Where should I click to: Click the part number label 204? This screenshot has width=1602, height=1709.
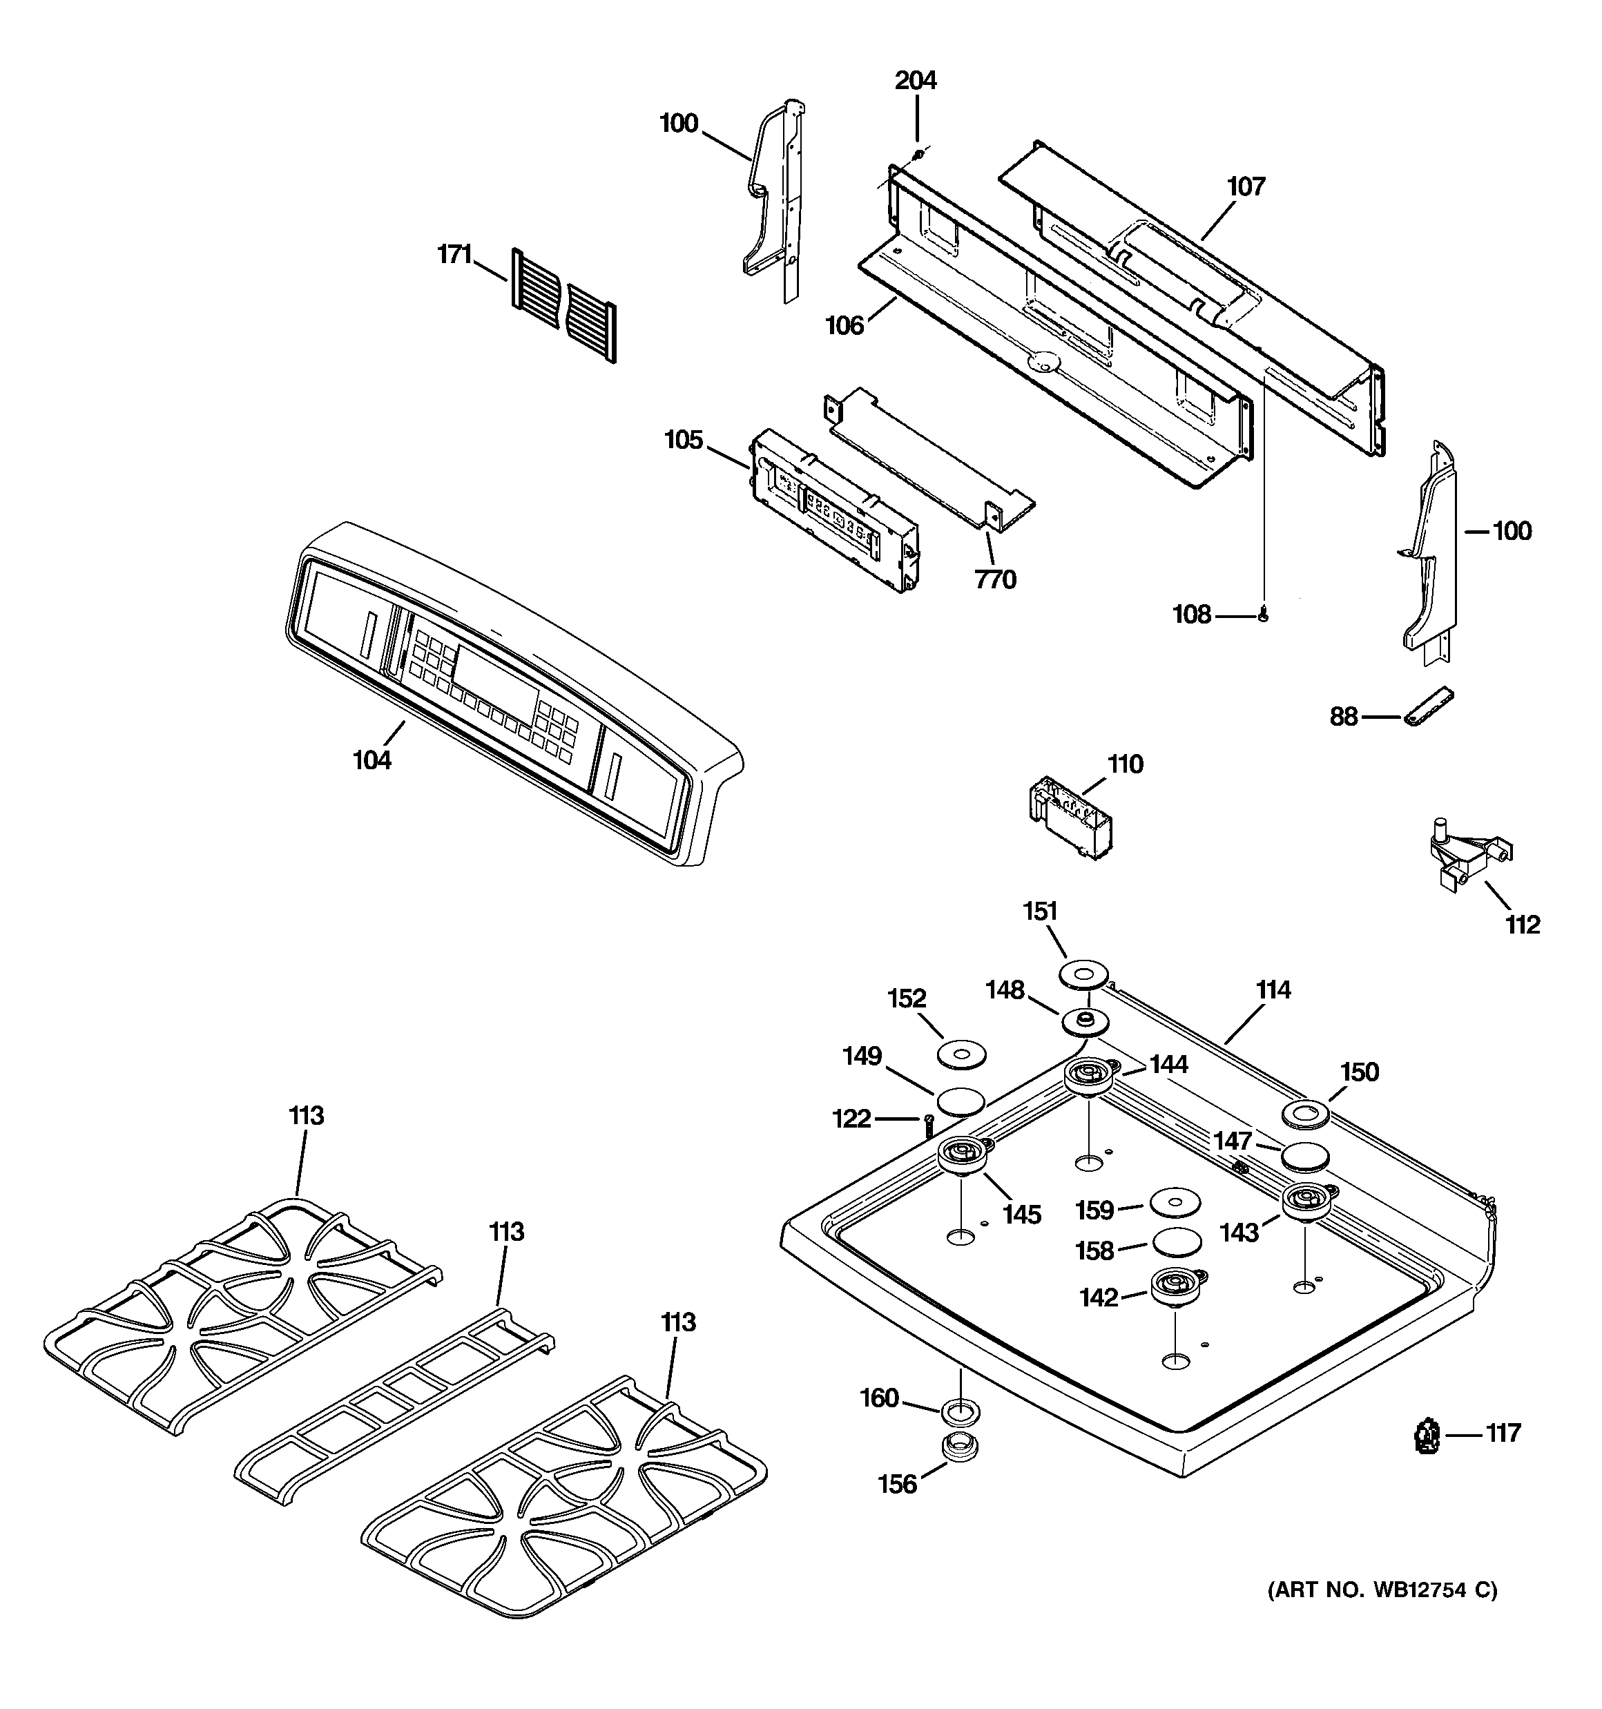click(x=915, y=81)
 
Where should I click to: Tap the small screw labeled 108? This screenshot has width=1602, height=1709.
click(x=1263, y=614)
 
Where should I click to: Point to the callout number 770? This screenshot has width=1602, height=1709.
click(x=995, y=580)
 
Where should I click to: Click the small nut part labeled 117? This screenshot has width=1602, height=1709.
click(x=1427, y=1435)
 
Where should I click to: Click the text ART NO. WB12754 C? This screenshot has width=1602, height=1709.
click(x=1382, y=1590)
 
